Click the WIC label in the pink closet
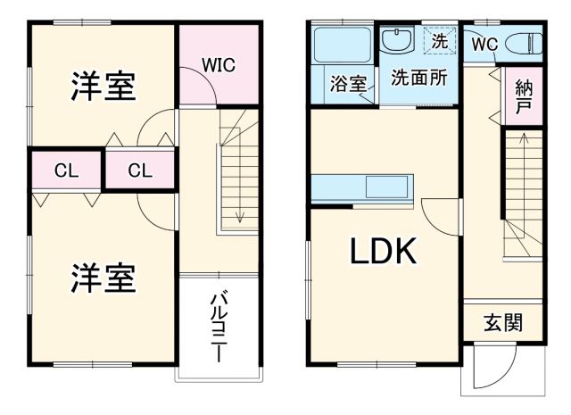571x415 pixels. click(x=219, y=65)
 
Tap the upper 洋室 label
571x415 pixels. click(x=103, y=87)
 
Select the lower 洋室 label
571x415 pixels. click(x=103, y=278)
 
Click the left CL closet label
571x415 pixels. click(x=65, y=170)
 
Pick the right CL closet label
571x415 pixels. click(x=139, y=170)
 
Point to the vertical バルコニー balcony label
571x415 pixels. click(x=217, y=326)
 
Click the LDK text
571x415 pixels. click(x=382, y=253)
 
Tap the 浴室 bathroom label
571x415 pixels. click(x=349, y=85)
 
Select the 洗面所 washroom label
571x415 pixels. click(x=418, y=78)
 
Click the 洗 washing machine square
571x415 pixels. click(x=440, y=40)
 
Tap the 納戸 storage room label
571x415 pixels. click(x=523, y=97)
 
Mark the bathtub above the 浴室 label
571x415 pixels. click(x=343, y=45)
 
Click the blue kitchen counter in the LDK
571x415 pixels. click(x=366, y=189)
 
